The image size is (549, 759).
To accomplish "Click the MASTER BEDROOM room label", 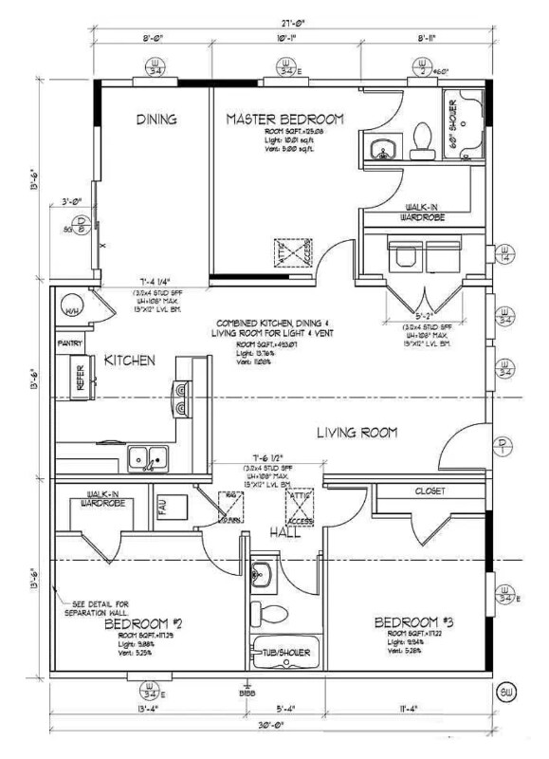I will [x=284, y=119].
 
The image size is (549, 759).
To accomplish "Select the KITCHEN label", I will [x=130, y=361].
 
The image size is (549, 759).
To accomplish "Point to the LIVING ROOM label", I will [x=356, y=433].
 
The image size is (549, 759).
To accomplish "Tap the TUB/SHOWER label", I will [x=285, y=652].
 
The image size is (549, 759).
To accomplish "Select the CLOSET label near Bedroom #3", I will [x=430, y=491].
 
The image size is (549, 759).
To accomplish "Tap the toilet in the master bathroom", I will [x=420, y=142].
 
